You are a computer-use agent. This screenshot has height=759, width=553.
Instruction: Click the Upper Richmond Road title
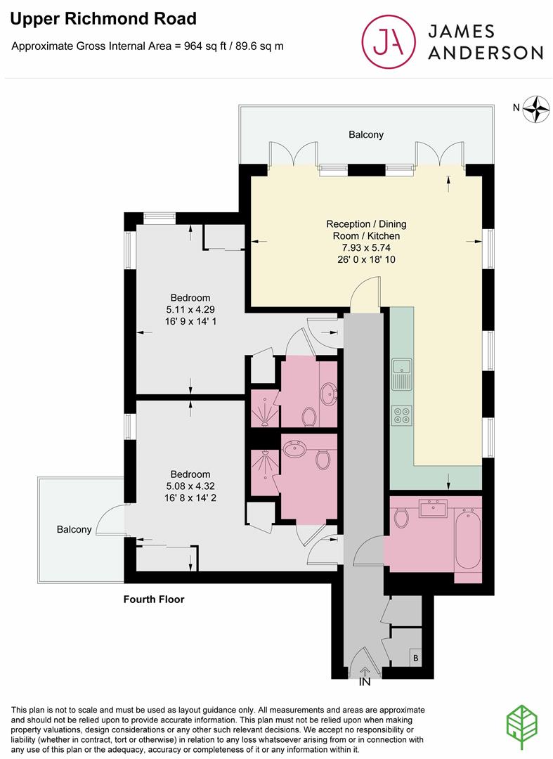click(x=103, y=19)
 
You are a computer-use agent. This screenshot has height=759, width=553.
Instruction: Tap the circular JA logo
click(x=389, y=41)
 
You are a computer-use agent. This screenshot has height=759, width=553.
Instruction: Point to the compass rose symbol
click(x=536, y=109)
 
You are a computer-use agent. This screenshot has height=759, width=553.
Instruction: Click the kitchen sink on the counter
click(x=401, y=374)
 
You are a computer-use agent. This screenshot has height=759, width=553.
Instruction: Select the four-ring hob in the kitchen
click(x=401, y=415)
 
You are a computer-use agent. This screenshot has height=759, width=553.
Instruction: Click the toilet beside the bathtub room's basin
click(x=401, y=517)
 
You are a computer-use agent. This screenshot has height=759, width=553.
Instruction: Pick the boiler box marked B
click(x=415, y=658)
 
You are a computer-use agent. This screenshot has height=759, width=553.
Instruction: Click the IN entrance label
click(x=364, y=682)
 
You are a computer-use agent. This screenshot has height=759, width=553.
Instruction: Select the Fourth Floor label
click(x=154, y=599)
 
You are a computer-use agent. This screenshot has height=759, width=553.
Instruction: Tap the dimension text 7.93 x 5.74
click(x=366, y=247)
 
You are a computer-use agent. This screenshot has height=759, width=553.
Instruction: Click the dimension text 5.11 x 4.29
click(x=190, y=309)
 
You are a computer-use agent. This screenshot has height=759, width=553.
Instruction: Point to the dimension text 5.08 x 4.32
click(x=190, y=486)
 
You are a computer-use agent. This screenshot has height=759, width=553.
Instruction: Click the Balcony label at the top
click(x=366, y=134)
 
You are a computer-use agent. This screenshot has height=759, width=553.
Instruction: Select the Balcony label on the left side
click(x=74, y=530)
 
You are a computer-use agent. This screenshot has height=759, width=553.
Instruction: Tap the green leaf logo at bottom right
click(x=521, y=727)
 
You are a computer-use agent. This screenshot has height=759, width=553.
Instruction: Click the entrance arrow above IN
click(x=365, y=671)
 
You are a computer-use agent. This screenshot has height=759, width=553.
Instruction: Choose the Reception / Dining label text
click(x=366, y=224)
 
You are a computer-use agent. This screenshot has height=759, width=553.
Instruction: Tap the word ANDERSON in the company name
click(x=486, y=53)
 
